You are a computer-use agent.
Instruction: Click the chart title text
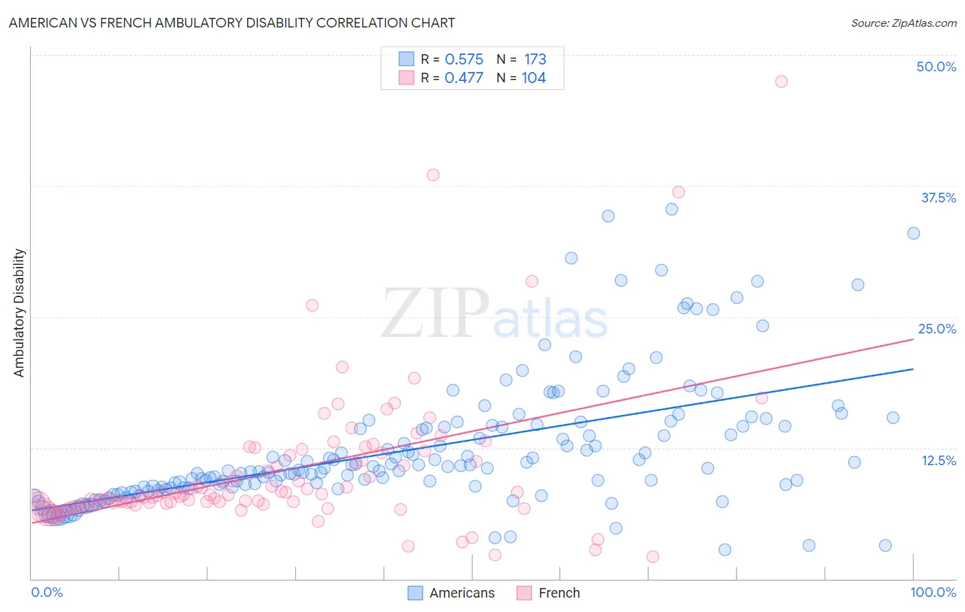coord(231,23)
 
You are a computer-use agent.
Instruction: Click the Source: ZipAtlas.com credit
coord(903,23)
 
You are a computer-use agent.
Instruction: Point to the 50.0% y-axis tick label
coord(936,67)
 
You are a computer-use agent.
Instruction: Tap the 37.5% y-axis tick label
coord(938,198)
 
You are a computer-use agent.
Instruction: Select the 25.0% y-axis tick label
coord(937,329)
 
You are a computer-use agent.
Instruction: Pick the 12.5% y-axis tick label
coord(938,460)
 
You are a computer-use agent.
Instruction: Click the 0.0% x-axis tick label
coord(47,592)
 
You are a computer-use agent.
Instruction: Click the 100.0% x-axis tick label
coord(933,592)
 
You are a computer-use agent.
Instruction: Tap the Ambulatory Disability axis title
coord(19,313)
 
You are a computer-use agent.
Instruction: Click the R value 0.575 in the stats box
coord(464,59)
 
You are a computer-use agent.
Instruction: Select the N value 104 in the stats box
coord(533,78)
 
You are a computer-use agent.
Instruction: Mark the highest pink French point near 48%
coord(781,81)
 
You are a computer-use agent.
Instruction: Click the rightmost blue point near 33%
coord(914,233)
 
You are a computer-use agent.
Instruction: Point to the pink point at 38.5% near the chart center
coord(433,175)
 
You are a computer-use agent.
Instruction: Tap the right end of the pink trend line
coord(914,338)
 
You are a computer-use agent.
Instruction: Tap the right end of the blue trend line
coord(914,369)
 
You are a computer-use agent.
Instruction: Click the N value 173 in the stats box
coord(535,59)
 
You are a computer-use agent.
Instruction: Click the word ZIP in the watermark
coord(434,314)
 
